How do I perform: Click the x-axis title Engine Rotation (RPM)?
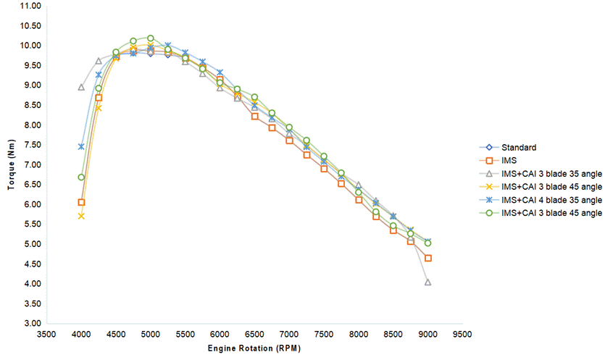coord(254,348)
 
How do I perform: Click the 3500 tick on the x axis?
coord(46,335)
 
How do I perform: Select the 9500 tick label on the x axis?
coord(462,335)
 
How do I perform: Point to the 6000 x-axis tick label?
coord(220,335)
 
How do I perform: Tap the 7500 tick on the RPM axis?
coord(324,335)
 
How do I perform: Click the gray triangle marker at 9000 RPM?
coord(428,282)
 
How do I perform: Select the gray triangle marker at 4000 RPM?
coord(81,87)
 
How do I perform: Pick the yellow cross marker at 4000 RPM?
coord(81,216)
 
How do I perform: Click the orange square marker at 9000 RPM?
coord(428,258)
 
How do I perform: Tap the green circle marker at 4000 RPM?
coord(81,177)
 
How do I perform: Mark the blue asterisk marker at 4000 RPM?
coord(81,146)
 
